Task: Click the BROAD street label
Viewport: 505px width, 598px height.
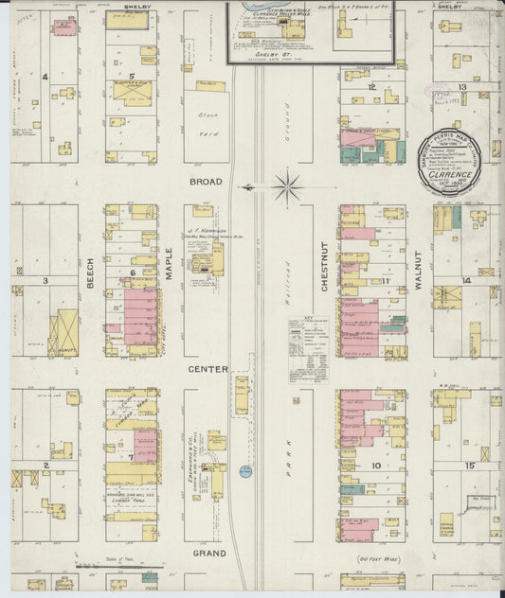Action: click(x=205, y=182)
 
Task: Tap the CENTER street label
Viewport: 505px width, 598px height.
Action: click(x=207, y=368)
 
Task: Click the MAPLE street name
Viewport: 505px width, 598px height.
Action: click(x=171, y=277)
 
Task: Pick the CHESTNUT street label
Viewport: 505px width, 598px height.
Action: click(x=324, y=266)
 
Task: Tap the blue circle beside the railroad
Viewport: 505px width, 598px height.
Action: click(x=245, y=471)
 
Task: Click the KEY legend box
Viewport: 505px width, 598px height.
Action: click(x=308, y=335)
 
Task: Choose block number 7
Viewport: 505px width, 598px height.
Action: click(x=132, y=457)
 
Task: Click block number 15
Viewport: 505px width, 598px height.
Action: click(x=469, y=466)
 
